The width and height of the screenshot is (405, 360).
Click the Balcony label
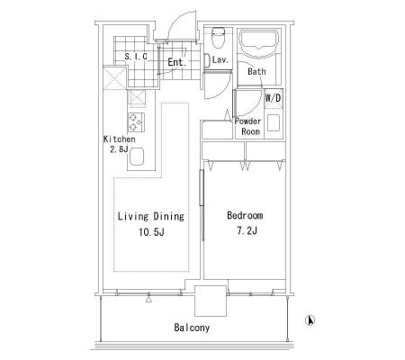(x=192, y=328)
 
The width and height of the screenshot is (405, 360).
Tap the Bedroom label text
(x=245, y=215)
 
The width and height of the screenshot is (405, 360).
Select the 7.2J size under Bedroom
(x=247, y=230)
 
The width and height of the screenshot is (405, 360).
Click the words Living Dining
(x=150, y=216)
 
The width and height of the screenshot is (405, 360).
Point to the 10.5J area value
(x=151, y=232)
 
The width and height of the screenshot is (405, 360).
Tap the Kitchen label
(x=120, y=139)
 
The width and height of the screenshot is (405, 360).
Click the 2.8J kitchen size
(x=119, y=149)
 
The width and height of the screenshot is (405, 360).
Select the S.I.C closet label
(x=136, y=57)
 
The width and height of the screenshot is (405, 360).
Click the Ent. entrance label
(x=177, y=62)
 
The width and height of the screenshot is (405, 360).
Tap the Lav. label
(x=220, y=59)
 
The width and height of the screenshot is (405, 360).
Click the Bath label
(x=256, y=72)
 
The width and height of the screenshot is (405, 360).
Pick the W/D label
(x=274, y=98)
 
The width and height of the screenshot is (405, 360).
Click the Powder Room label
(x=248, y=126)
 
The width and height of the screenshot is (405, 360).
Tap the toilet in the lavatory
(x=218, y=38)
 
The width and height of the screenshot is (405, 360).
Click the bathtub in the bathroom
(x=258, y=43)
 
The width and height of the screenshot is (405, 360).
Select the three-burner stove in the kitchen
(x=136, y=122)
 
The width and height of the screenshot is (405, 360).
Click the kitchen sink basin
(x=137, y=157)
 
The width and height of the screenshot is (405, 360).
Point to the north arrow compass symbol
(x=310, y=320)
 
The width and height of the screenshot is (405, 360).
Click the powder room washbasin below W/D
(x=274, y=123)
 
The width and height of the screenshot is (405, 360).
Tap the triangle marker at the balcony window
(x=148, y=299)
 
